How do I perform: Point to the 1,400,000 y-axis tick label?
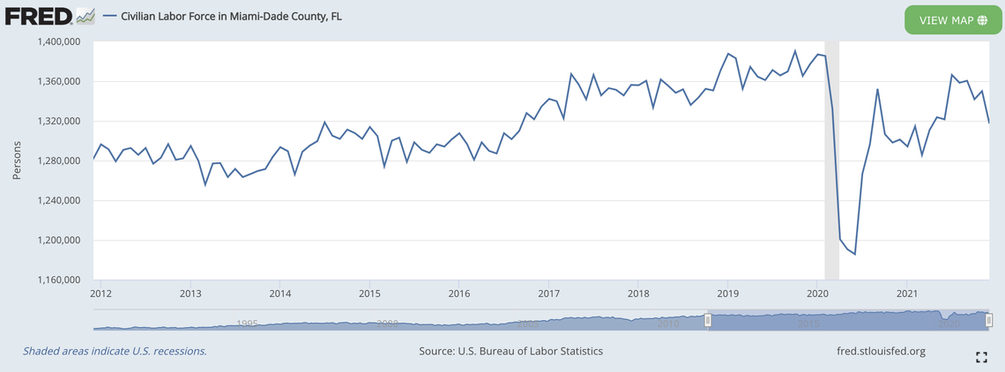coord(58,41)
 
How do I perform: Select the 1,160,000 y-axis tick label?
coord(58,280)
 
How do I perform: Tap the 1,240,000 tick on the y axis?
coord(58,201)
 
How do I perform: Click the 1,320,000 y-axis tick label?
coord(58,122)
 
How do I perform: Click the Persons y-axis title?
coord(17,161)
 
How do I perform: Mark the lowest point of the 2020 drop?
coord(854,254)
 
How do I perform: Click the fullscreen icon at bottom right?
coord(981,357)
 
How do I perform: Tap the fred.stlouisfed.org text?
coord(880,351)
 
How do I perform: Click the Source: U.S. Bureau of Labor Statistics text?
coord(511,351)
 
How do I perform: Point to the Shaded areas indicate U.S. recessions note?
coord(115,351)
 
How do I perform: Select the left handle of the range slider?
coord(707,320)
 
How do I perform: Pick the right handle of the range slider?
coord(989,320)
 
